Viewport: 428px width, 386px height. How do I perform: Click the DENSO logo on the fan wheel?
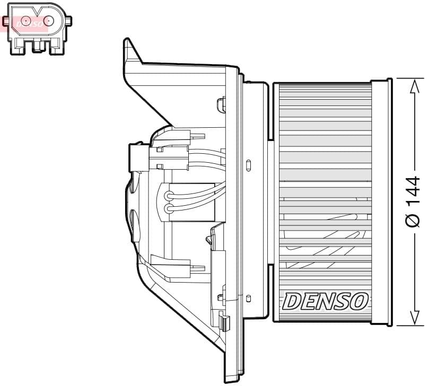(x=325, y=301)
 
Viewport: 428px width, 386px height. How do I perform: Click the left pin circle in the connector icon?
(x=23, y=21)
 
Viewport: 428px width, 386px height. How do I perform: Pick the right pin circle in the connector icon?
(x=49, y=21)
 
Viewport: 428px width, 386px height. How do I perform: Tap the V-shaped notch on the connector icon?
(x=36, y=11)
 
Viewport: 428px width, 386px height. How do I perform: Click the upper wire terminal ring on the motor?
(x=169, y=196)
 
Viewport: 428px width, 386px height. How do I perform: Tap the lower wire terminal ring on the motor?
(x=169, y=209)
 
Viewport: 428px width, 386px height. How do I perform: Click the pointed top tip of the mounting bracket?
(x=127, y=40)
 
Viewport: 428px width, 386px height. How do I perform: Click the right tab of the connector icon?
(x=68, y=21)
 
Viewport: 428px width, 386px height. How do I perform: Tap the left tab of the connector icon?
(x=6, y=21)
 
